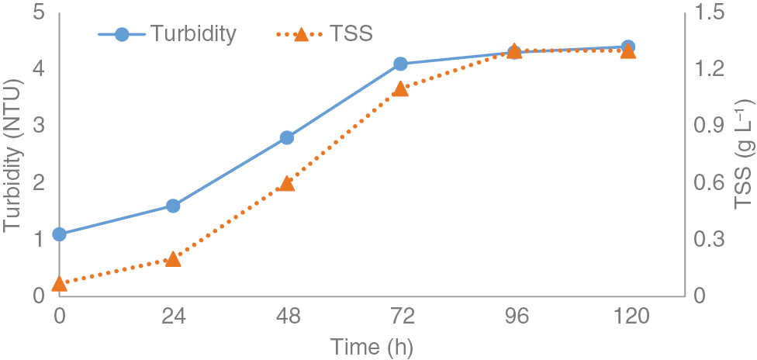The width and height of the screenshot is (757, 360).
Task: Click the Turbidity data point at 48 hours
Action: point(286,137)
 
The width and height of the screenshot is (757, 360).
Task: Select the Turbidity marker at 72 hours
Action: point(400,64)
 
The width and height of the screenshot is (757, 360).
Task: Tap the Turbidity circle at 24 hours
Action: point(173,206)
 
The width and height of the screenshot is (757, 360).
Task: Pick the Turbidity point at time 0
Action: point(59,234)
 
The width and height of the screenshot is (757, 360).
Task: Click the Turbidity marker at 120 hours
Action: point(627,47)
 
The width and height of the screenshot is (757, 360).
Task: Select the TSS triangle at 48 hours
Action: point(286,183)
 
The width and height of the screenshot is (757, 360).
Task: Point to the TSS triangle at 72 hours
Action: point(400,88)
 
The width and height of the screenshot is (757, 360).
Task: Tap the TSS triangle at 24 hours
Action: point(173,258)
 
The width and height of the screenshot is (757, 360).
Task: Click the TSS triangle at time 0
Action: point(59,284)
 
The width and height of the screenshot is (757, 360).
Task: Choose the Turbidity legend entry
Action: point(167,34)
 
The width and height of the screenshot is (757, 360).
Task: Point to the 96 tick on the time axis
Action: point(513,317)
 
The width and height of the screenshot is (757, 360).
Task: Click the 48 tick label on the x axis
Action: point(286,317)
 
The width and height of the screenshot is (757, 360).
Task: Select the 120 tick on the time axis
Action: point(627,317)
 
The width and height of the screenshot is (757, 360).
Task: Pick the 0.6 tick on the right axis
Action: point(709,182)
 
